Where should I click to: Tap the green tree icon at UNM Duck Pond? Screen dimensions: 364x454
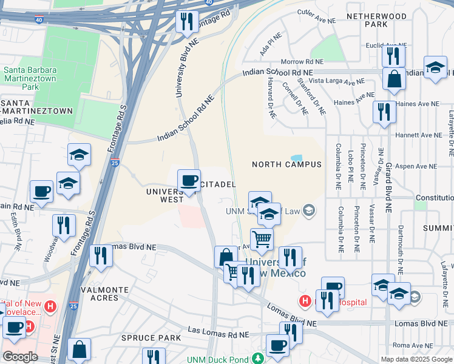coord(259,358)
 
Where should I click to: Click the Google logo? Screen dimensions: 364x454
coord(21,357)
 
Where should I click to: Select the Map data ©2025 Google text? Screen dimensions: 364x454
coord(416,359)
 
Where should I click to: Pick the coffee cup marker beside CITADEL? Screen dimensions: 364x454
coord(189,180)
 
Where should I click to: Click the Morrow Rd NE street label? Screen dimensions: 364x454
coord(302,62)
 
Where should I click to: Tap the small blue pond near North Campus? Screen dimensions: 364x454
coord(296,158)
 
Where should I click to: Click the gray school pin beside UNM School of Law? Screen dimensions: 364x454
coord(309,211)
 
